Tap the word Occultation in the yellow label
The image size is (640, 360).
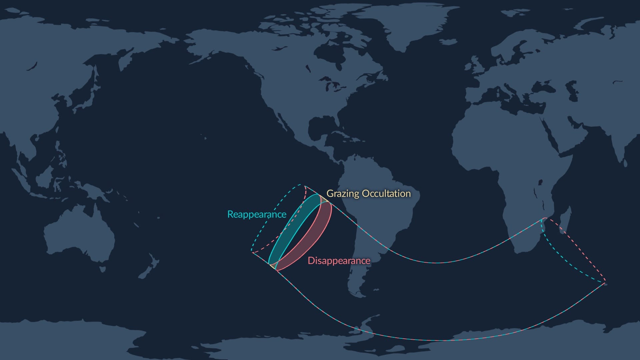pos(386,194)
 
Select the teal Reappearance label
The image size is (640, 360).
pos(256,214)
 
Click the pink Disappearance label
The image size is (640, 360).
pos(339,261)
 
